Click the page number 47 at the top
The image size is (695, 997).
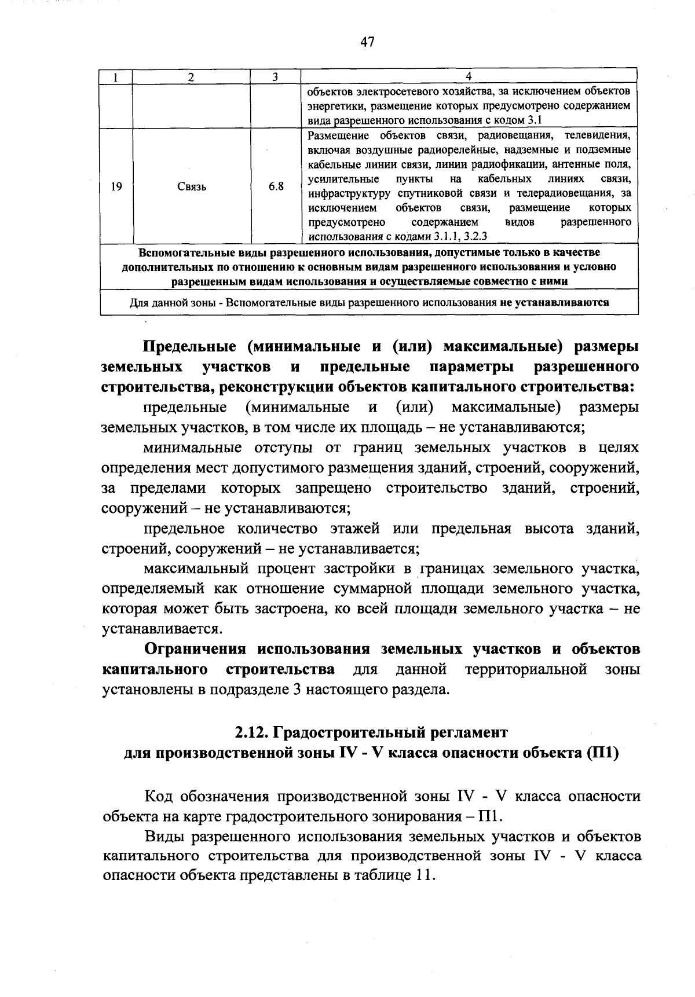tap(367, 42)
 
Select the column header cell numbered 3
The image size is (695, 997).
tap(275, 76)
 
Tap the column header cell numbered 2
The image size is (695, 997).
tap(191, 76)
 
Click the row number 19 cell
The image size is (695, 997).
tap(116, 186)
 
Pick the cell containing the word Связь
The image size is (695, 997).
tap(192, 186)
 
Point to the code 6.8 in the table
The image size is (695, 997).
tap(276, 186)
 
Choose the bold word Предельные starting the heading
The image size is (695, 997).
tap(189, 347)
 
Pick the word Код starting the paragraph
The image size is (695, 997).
tap(158, 796)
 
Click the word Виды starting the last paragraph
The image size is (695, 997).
tap(163, 837)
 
